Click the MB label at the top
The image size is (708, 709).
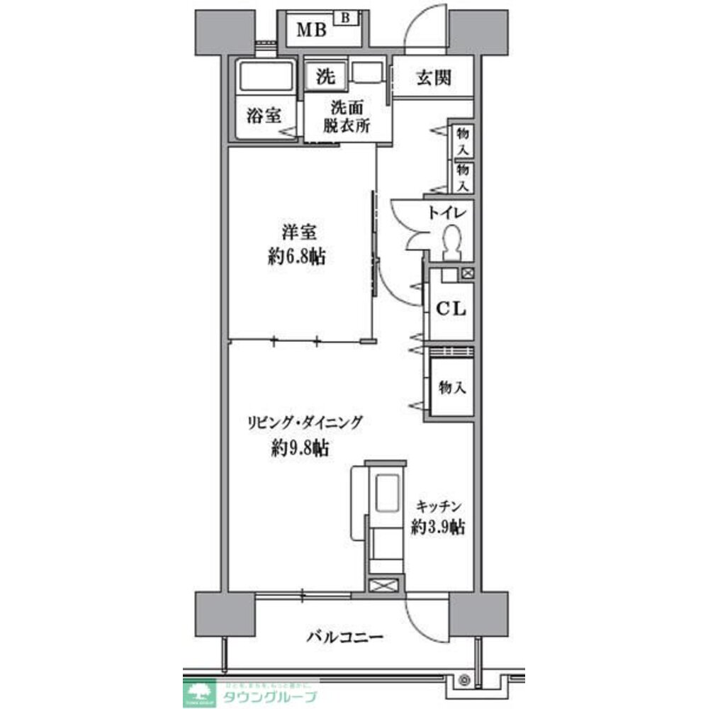click(x=311, y=30)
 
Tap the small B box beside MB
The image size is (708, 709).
click(x=345, y=17)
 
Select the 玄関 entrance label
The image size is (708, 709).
click(x=433, y=79)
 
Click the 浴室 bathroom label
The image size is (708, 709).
click(x=263, y=116)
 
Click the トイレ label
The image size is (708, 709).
click(x=446, y=213)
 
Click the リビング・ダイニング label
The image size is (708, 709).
click(x=305, y=423)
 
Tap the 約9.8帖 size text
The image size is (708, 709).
click(x=300, y=448)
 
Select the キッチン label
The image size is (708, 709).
click(x=439, y=506)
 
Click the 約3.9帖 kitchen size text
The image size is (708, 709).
click(x=438, y=527)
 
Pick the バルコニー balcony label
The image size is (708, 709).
click(x=345, y=637)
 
